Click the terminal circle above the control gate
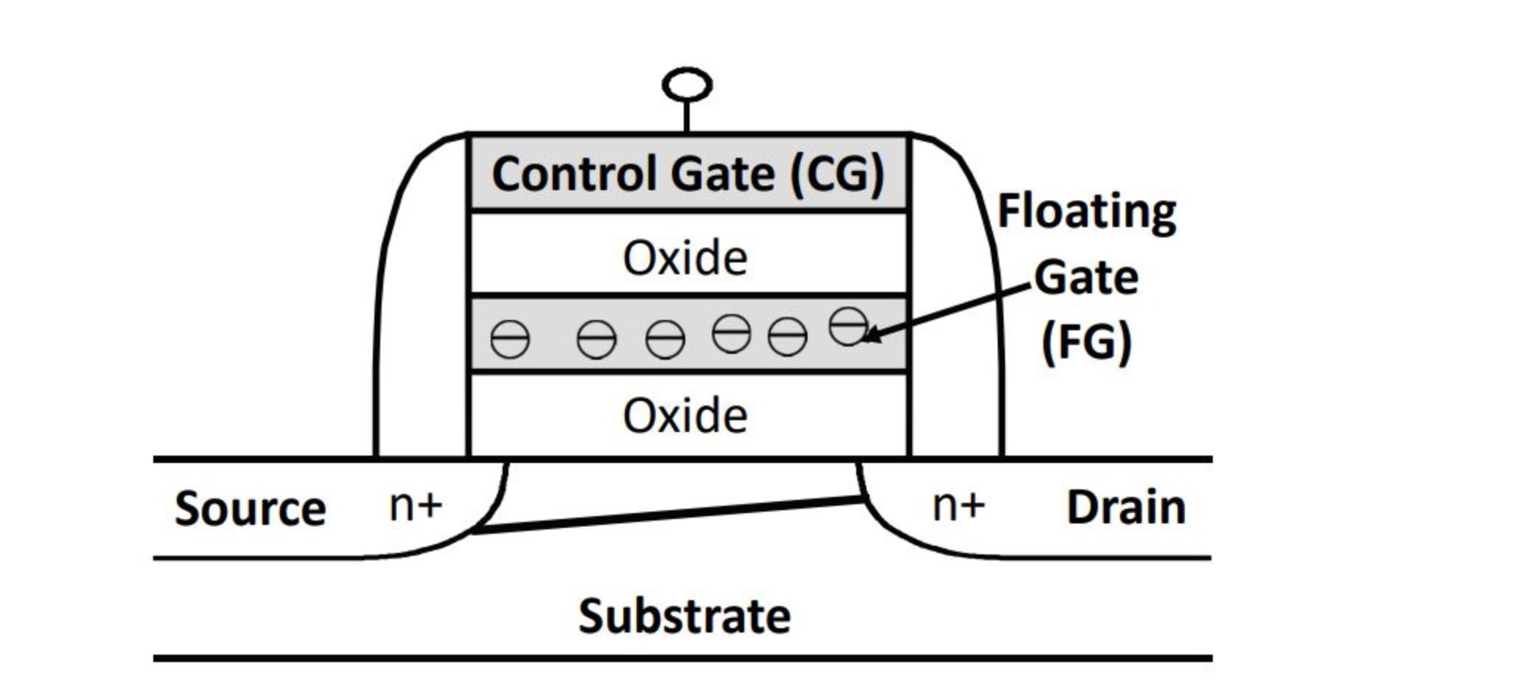pyautogui.click(x=687, y=85)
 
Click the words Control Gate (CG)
pyautogui.click(x=687, y=174)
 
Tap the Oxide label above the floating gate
pyautogui.click(x=685, y=258)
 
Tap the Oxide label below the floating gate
pyautogui.click(x=685, y=416)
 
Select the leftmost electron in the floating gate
pyautogui.click(x=510, y=340)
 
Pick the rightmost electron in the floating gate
pyautogui.click(x=848, y=327)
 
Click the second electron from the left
pyautogui.click(x=596, y=340)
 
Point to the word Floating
pyautogui.click(x=1086, y=212)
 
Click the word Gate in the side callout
pyautogui.click(x=1086, y=278)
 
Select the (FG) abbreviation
pyautogui.click(x=1086, y=342)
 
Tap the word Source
pyautogui.click(x=250, y=508)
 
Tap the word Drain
pyautogui.click(x=1126, y=507)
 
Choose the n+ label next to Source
pyautogui.click(x=416, y=506)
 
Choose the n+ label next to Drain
pyautogui.click(x=959, y=506)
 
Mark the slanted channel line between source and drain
pyautogui.click(x=667, y=515)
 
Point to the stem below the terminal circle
pyautogui.click(x=687, y=116)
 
